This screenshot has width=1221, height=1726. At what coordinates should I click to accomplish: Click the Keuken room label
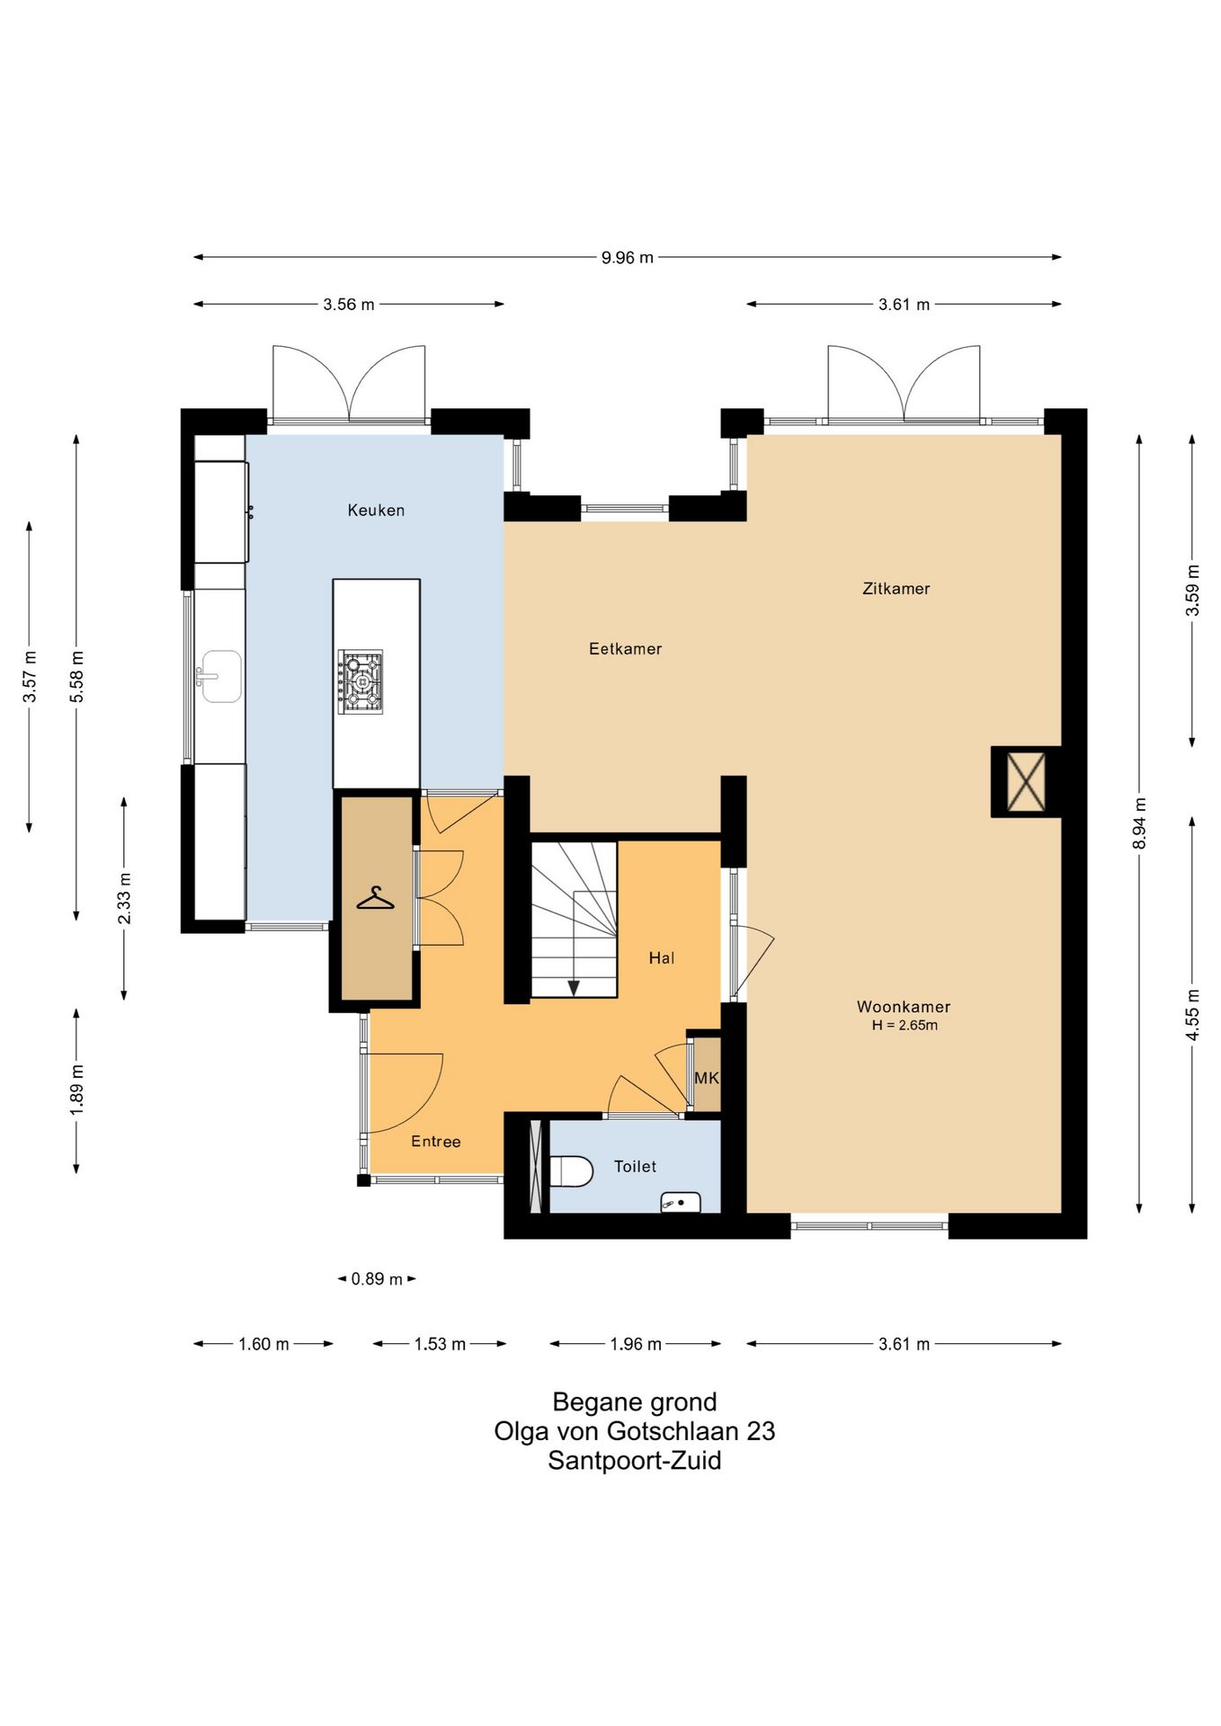tap(376, 511)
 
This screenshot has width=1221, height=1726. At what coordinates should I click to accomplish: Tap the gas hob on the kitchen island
tap(361, 681)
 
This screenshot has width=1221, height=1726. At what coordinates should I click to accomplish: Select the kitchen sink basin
tap(220, 676)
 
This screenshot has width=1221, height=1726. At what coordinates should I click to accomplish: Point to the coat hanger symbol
tap(376, 898)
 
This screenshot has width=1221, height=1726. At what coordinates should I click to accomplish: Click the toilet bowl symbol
tap(572, 1171)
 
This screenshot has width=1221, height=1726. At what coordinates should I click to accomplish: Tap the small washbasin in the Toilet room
tap(681, 1201)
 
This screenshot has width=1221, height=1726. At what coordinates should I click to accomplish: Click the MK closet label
tap(706, 1078)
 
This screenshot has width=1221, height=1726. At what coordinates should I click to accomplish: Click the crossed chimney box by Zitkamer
tap(1026, 782)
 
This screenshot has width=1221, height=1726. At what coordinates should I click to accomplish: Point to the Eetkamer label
tap(625, 649)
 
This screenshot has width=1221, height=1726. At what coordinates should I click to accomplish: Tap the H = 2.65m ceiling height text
tap(905, 1026)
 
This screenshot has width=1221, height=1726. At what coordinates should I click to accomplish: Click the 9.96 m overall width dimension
tap(628, 258)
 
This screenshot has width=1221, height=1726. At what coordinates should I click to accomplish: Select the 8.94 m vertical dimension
tap(1139, 823)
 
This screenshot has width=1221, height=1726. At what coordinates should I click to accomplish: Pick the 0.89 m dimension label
tap(377, 1278)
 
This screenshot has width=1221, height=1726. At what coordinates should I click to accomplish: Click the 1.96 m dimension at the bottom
tap(636, 1344)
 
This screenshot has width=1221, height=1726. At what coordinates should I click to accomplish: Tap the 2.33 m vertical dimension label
tap(124, 898)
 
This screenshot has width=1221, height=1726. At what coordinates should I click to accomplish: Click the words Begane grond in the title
tap(635, 1402)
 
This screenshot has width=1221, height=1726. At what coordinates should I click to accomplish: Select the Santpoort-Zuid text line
tap(635, 1461)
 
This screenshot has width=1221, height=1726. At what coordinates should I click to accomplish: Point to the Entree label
tap(436, 1142)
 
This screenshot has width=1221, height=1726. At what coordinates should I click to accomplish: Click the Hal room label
tap(662, 958)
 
